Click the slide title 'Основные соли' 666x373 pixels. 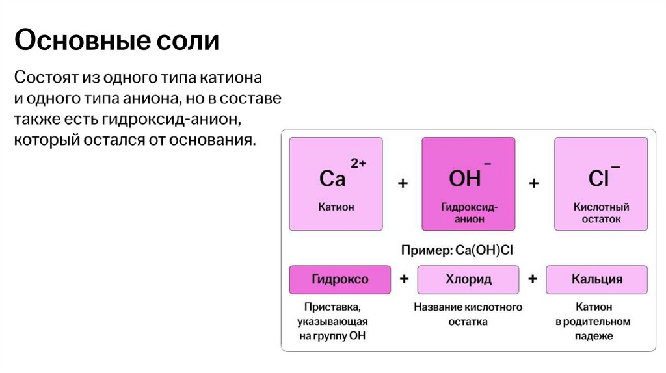click(x=117, y=41)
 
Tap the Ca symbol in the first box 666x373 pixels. click(x=332, y=178)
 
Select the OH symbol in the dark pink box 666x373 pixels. click(x=465, y=178)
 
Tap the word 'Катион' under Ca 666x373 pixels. click(x=336, y=207)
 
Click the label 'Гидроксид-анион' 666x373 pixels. click(x=469, y=213)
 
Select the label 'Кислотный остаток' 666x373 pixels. click(x=601, y=213)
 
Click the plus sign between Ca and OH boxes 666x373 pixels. click(x=403, y=184)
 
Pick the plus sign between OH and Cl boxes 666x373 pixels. click(x=534, y=184)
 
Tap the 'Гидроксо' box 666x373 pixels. click(x=340, y=279)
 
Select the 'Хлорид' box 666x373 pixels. click(x=468, y=279)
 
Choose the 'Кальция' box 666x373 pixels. click(x=596, y=279)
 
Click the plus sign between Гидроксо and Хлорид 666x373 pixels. click(x=404, y=279)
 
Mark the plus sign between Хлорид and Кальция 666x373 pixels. click(x=533, y=279)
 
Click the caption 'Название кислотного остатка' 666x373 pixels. click(x=468, y=314)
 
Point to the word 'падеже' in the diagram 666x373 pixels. click(x=594, y=336)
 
